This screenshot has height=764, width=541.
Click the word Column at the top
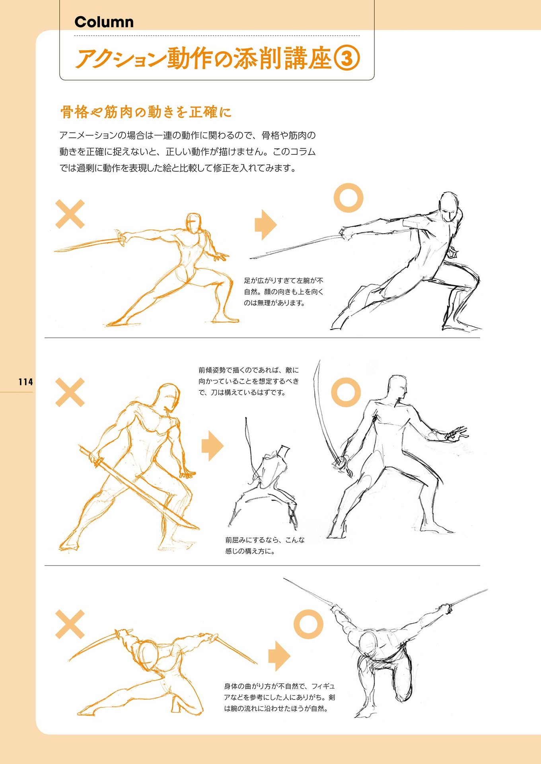pyautogui.click(x=104, y=22)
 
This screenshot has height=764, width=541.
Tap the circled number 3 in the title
pyautogui.click(x=346, y=58)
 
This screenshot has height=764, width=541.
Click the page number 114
pyautogui.click(x=25, y=382)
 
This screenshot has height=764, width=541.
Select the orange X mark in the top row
pyautogui.click(x=70, y=214)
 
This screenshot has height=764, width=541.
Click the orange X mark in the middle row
pyautogui.click(x=70, y=392)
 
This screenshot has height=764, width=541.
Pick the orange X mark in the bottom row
pyautogui.click(x=70, y=624)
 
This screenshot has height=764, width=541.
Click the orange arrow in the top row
pyautogui.click(x=266, y=224)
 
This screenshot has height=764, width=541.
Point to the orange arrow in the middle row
pyautogui.click(x=213, y=445)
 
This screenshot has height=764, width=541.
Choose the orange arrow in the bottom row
pyautogui.click(x=279, y=656)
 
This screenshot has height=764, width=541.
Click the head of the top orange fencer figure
pyautogui.click(x=194, y=224)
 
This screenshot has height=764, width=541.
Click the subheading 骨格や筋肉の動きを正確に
pyautogui.click(x=146, y=112)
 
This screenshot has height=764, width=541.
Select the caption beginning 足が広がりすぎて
pyautogui.click(x=284, y=292)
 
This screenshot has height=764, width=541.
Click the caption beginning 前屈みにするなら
pyautogui.click(x=265, y=546)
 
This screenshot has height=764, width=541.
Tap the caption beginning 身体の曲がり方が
pyautogui.click(x=280, y=697)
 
